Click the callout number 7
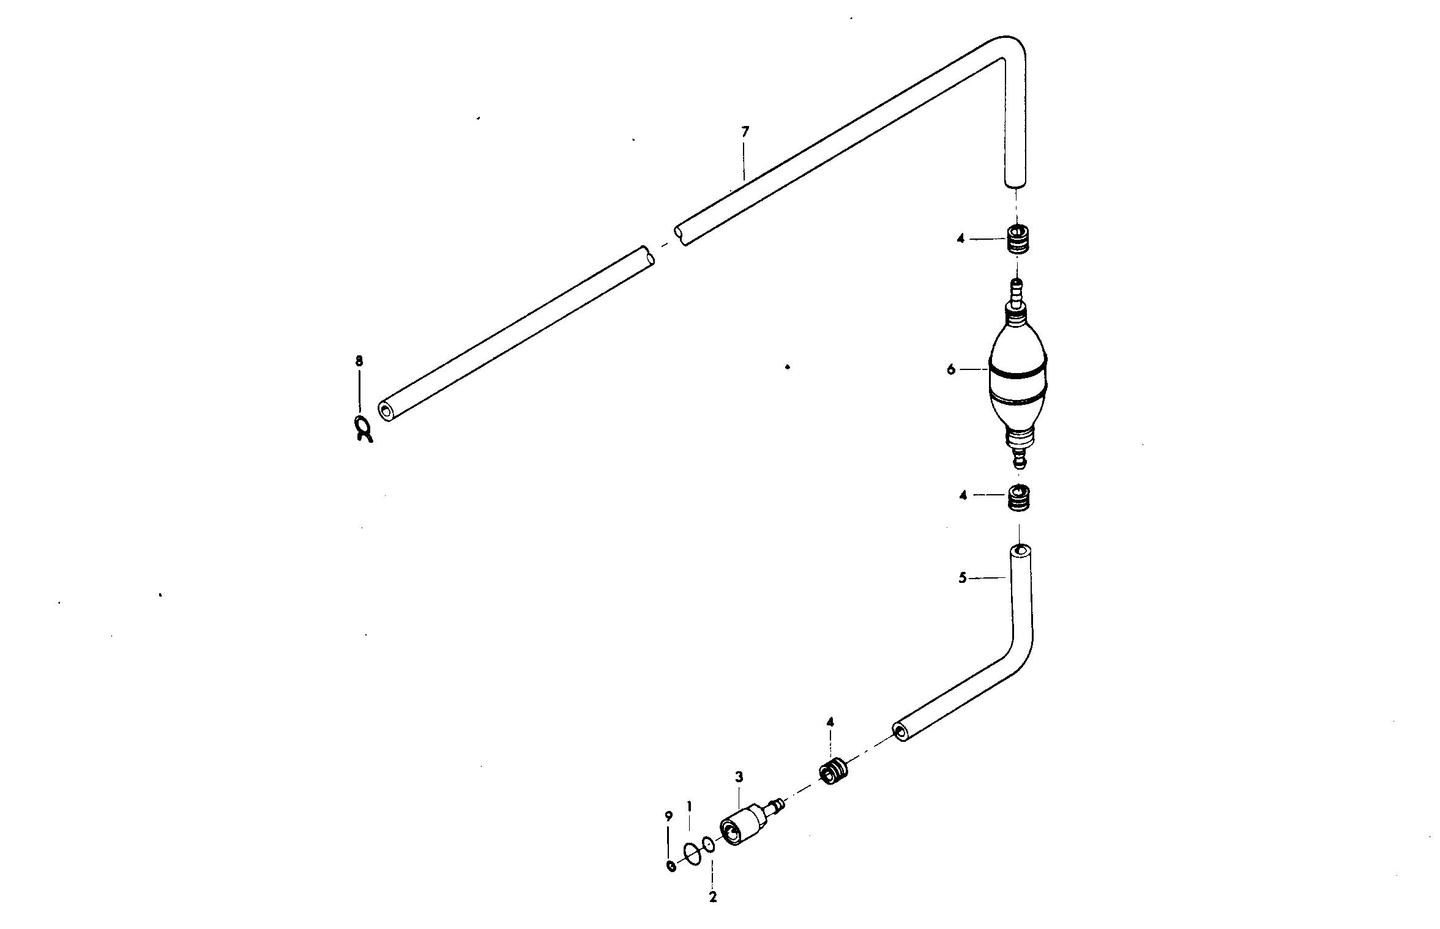[x=745, y=131]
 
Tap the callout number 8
[x=359, y=361]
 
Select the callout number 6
[x=950, y=369]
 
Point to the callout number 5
[x=962, y=577]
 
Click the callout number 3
[x=739, y=777]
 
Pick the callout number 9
[x=669, y=816]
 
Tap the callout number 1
[x=689, y=806]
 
